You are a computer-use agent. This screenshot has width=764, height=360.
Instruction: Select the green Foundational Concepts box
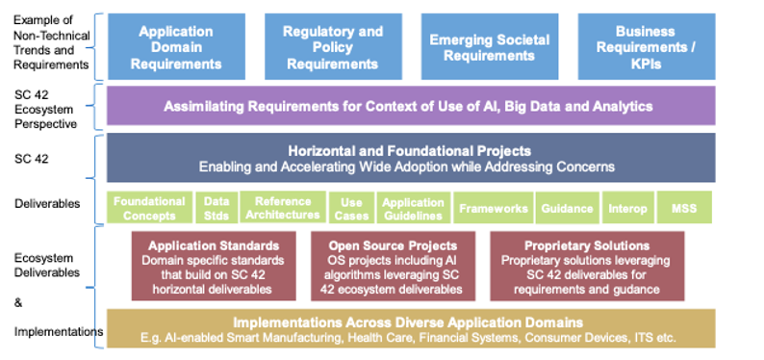pyautogui.click(x=149, y=208)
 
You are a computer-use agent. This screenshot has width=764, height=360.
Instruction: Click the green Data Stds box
pyautogui.click(x=216, y=208)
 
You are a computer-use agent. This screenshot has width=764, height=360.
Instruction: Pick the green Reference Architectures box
pyautogui.click(x=282, y=208)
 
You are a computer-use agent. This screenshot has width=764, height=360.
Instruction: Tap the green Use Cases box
pyautogui.click(x=350, y=208)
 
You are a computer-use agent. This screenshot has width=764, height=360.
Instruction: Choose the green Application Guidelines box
pyautogui.click(x=413, y=208)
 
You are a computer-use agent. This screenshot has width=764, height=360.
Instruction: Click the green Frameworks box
pyautogui.click(x=493, y=208)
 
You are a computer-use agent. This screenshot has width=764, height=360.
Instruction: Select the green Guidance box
pyautogui.click(x=567, y=208)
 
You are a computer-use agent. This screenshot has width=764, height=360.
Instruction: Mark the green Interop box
pyautogui.click(x=627, y=208)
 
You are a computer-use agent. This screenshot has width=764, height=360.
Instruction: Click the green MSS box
pyautogui.click(x=684, y=208)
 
